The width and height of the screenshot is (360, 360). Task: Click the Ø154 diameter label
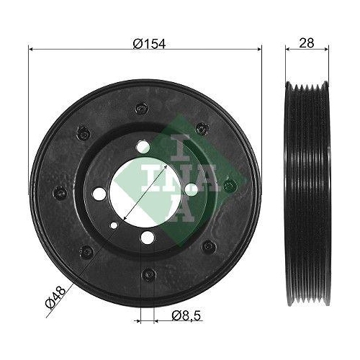coord(150,43)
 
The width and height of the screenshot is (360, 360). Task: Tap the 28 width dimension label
coord(307,43)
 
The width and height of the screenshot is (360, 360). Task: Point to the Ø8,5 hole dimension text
coord(185,315)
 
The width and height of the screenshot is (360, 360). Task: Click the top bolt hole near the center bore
coord(144,147)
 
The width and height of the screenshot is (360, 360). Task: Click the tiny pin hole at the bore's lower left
coord(113,225)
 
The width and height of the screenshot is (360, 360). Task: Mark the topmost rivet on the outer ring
coord(140,109)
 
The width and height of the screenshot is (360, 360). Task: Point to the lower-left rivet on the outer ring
coord(86,251)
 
